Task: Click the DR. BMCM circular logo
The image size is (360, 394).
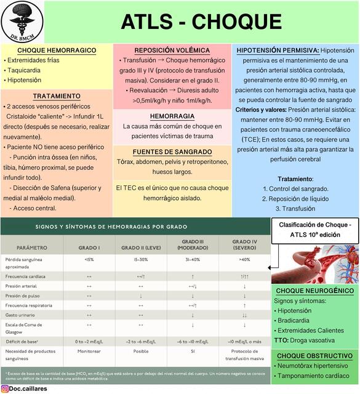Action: [x=22, y=22]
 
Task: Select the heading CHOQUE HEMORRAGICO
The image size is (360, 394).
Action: [x=56, y=50]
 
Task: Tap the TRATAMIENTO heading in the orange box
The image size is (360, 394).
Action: [x=56, y=97]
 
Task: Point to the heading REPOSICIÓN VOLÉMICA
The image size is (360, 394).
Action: [x=172, y=50]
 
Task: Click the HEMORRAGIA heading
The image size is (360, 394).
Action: [x=172, y=116]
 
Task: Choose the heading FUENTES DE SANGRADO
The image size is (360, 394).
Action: [x=172, y=151]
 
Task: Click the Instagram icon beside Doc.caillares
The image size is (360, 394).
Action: [x=5, y=388]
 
